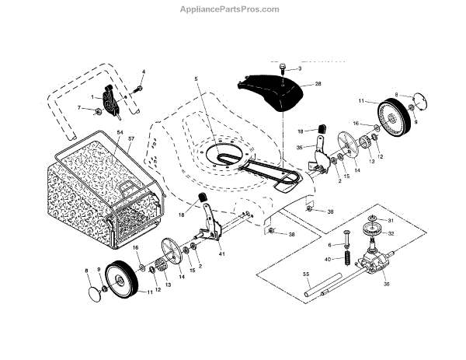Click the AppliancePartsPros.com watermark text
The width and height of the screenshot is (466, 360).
pyautogui.click(x=232, y=9)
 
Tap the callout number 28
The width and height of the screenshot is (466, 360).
pyautogui.click(x=318, y=83)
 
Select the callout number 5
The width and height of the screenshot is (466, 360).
pyautogui.click(x=197, y=79)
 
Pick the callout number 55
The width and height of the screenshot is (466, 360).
pyautogui.click(x=305, y=274)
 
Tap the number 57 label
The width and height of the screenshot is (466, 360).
pyautogui.click(x=131, y=138)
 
